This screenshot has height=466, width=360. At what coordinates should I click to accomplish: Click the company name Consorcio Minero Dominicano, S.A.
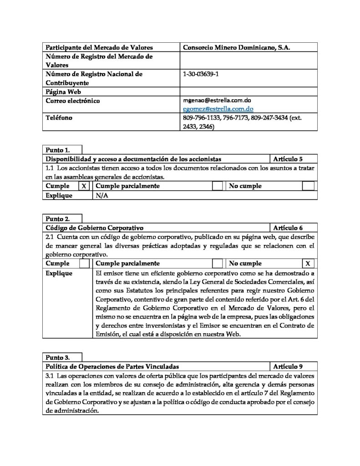236,47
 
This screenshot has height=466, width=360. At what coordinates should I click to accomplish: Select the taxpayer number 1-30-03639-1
200,74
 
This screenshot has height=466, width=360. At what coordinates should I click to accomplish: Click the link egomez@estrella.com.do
218,109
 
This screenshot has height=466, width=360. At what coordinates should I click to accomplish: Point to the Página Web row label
62,91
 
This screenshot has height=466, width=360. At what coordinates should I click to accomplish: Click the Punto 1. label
58,150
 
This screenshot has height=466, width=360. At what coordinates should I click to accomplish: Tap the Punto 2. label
58,218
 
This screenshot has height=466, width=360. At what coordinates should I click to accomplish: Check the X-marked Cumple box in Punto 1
84,186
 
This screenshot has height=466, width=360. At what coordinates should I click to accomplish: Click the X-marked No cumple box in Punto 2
308,263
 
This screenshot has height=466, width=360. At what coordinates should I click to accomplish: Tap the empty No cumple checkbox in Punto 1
308,186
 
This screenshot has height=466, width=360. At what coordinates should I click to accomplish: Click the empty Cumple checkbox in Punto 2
84,263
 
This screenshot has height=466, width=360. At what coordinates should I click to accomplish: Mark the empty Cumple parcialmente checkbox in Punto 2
218,263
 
